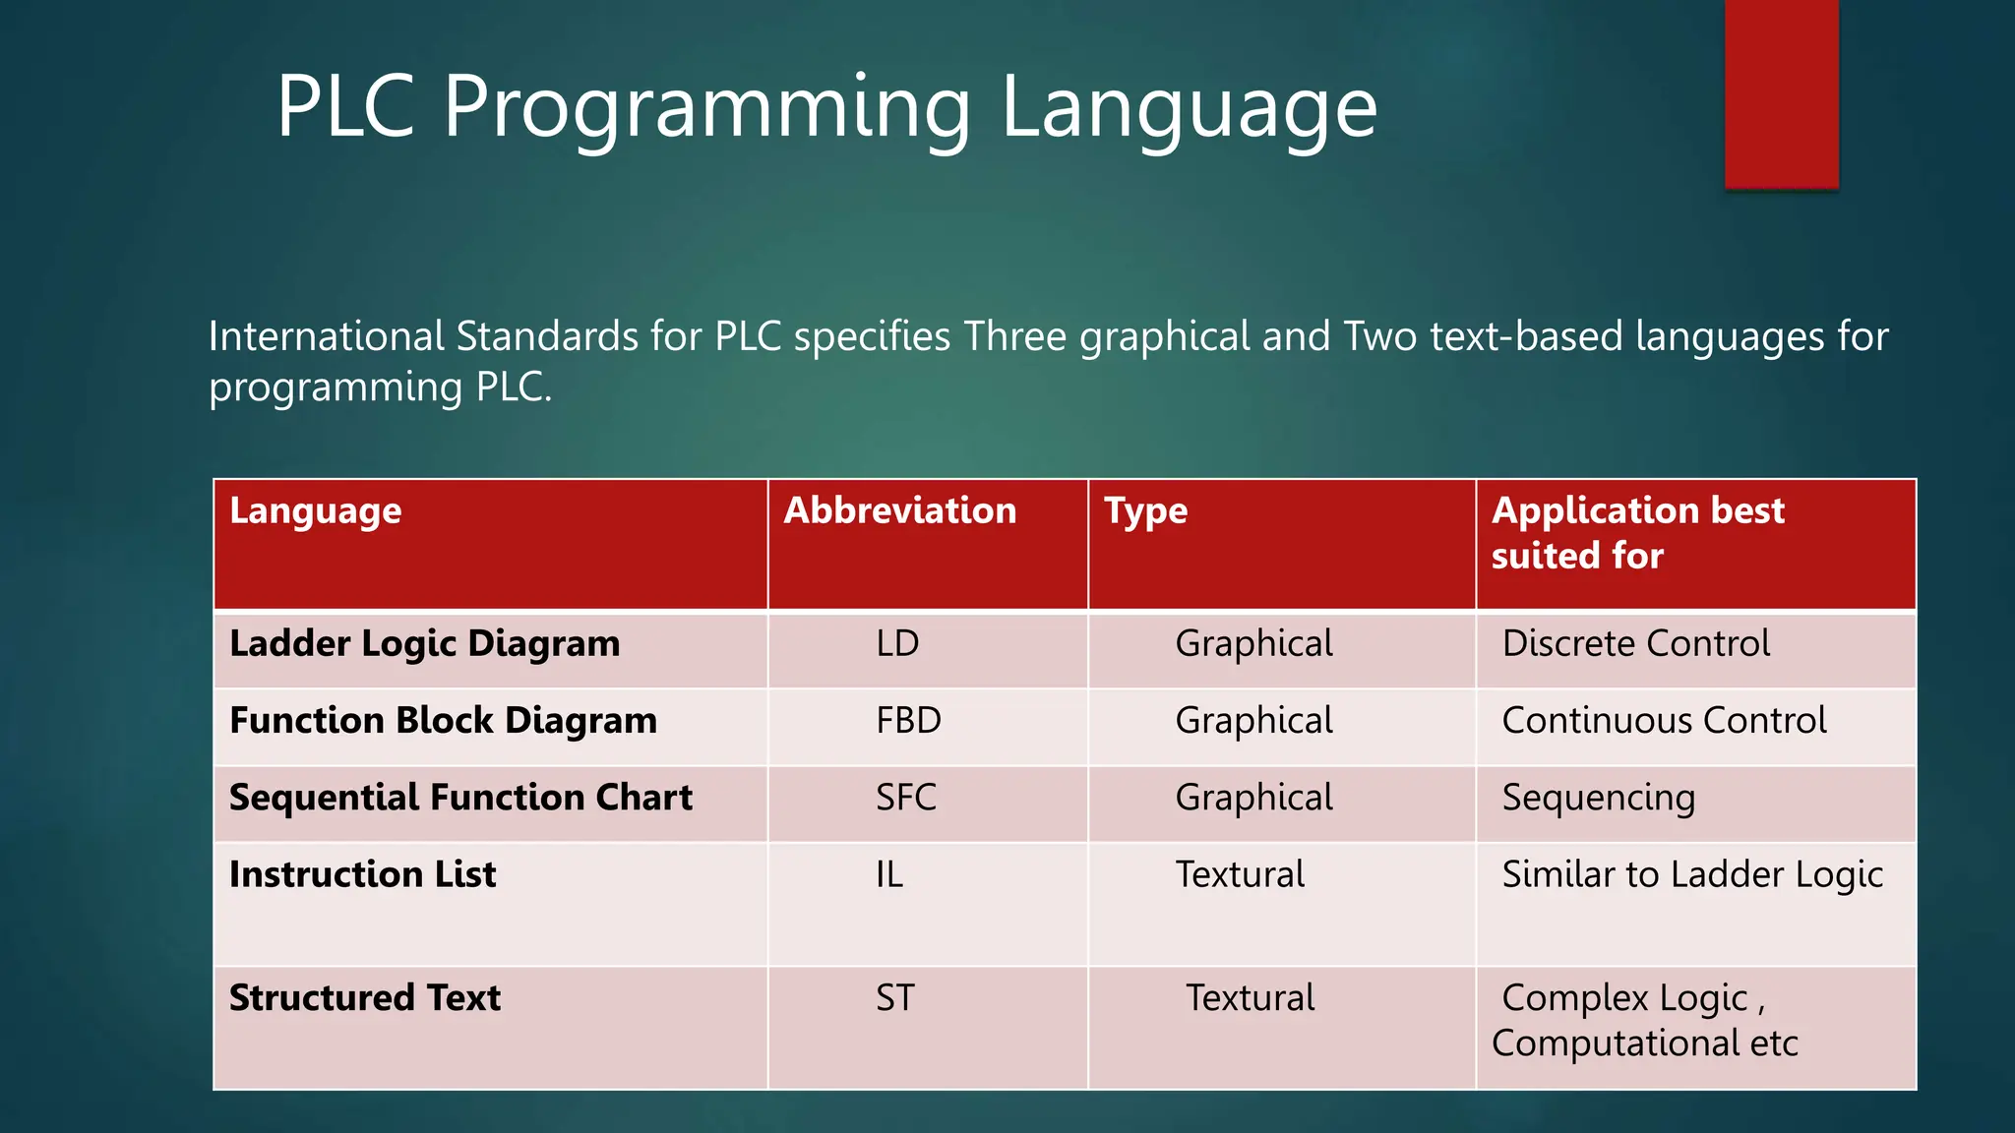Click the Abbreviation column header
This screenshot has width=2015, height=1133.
(x=899, y=510)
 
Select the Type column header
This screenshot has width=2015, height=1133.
(x=1145, y=510)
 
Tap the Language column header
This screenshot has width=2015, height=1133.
(x=315, y=510)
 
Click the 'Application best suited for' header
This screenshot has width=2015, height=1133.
(x=1637, y=532)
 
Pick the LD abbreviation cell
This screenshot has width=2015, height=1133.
(x=897, y=643)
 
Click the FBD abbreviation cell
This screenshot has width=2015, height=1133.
(x=908, y=720)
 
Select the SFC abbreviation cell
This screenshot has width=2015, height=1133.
(x=906, y=797)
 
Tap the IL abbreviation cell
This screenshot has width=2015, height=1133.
(x=889, y=873)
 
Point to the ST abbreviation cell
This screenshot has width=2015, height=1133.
(x=895, y=997)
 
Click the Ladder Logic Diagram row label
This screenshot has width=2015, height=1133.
(x=424, y=643)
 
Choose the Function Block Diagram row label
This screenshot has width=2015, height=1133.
(x=443, y=720)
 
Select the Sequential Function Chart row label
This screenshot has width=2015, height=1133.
(x=460, y=797)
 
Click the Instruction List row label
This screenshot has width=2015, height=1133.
(x=362, y=873)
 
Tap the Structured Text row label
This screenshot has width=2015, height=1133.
(x=364, y=997)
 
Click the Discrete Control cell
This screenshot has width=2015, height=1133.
(x=1635, y=643)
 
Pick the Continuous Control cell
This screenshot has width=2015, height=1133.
(x=1664, y=720)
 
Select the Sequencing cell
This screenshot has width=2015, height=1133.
(x=1598, y=797)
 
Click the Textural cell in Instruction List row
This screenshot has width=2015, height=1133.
(x=1240, y=873)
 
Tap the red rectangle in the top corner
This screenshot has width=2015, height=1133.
(x=1781, y=93)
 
